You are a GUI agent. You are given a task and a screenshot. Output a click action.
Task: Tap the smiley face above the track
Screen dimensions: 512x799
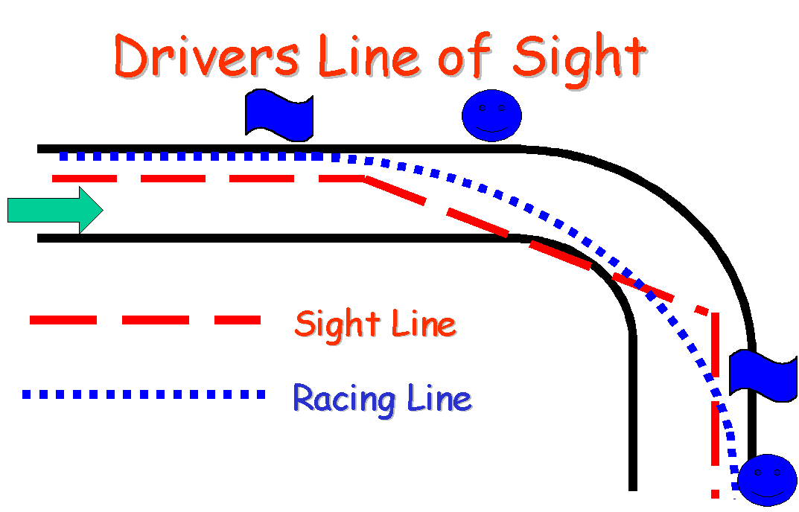click(491, 115)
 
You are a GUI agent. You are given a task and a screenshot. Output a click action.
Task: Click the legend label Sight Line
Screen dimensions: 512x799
click(375, 324)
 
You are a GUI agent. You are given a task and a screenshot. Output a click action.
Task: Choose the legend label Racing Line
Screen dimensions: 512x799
click(382, 398)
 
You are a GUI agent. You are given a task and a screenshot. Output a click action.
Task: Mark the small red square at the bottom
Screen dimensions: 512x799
click(715, 493)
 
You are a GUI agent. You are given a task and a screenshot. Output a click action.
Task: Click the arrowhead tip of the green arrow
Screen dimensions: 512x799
click(101, 210)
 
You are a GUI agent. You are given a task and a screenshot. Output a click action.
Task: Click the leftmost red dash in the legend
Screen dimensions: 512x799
click(63, 320)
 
